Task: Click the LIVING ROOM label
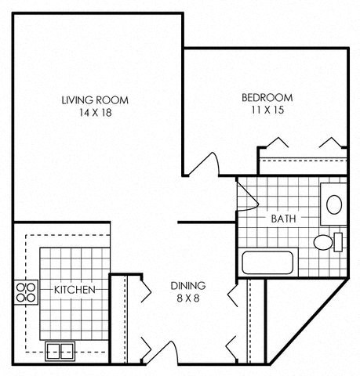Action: point(95,99)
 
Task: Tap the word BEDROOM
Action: point(267,97)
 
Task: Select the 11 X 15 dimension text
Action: point(267,110)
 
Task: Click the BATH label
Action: point(282,219)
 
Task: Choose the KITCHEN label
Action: point(75,290)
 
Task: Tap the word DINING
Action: point(188,285)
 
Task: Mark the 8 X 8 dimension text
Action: point(188,298)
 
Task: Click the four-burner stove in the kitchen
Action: point(27,292)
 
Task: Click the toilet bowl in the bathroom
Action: point(322,242)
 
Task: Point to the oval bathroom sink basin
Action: point(334,205)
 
